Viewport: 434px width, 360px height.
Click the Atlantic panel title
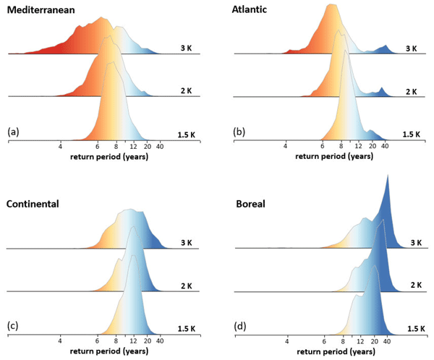258,9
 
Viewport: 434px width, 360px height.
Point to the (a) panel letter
13,132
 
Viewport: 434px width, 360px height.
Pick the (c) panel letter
13,327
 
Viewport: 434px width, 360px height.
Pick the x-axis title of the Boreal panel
335,351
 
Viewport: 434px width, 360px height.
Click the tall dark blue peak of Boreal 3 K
388,195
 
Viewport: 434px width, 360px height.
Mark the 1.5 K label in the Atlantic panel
409,134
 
